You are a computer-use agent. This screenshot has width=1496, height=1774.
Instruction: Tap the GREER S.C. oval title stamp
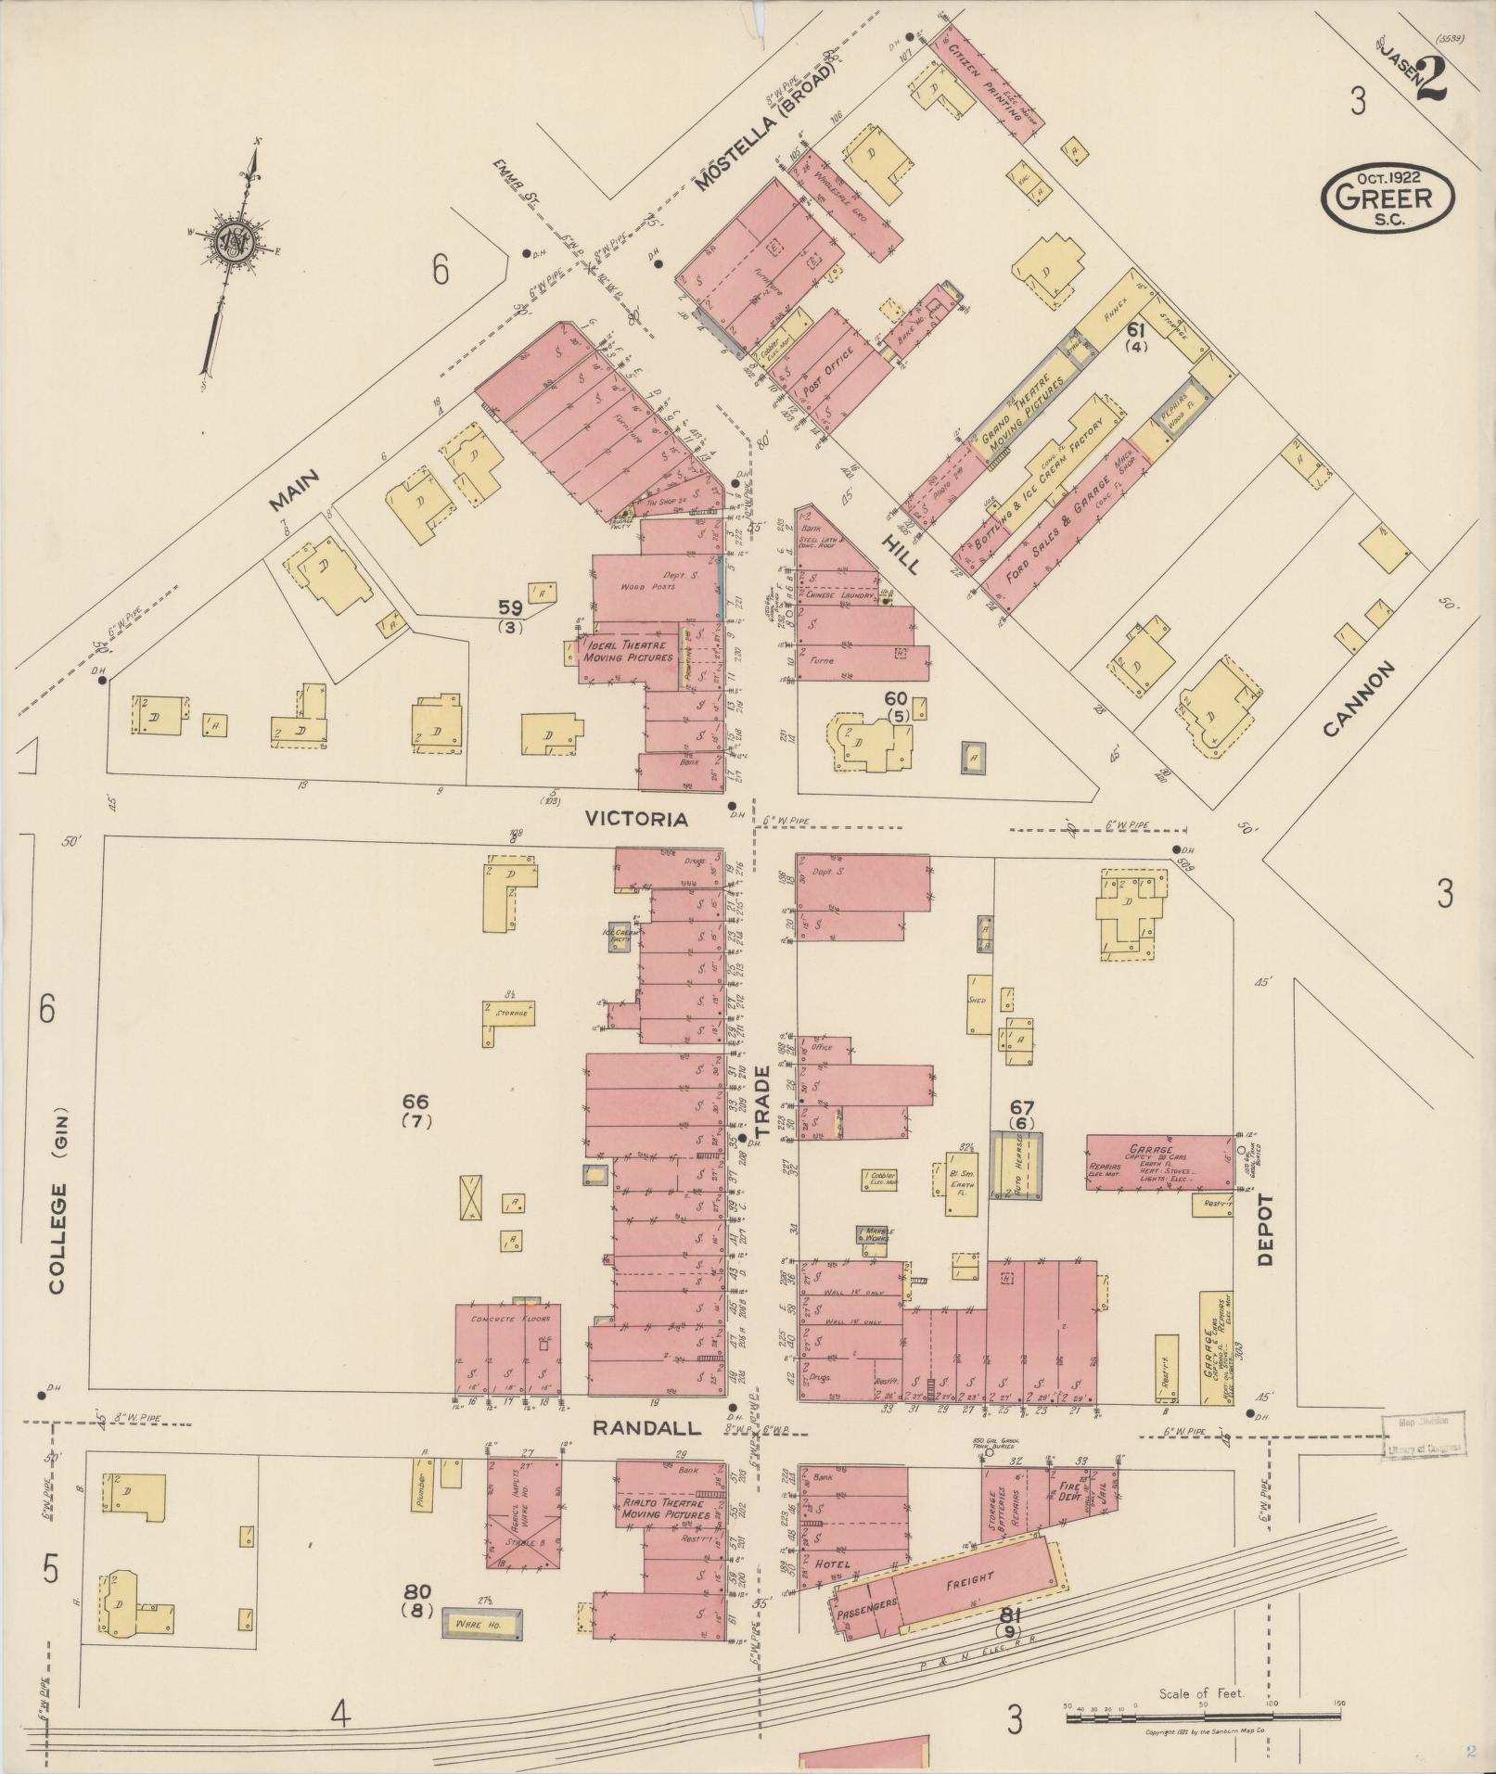pyautogui.click(x=1387, y=197)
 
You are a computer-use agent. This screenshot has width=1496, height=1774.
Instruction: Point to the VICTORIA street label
pyautogui.click(x=636, y=819)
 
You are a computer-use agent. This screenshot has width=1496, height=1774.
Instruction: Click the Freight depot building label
pyautogui.click(x=970, y=1577)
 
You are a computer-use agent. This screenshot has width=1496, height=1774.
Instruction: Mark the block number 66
pyautogui.click(x=416, y=1102)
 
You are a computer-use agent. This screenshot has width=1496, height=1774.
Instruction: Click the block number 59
pyautogui.click(x=511, y=608)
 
